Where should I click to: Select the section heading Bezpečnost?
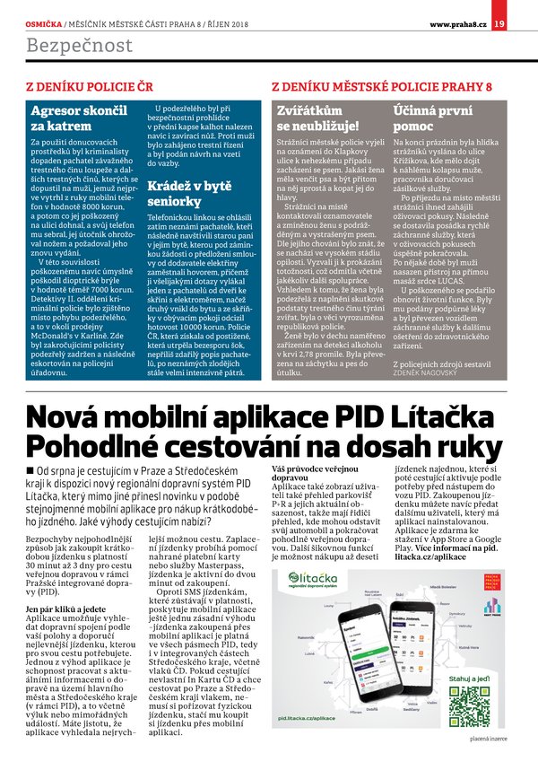(x=79, y=45)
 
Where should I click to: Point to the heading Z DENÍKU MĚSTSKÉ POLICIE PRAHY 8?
(x=381, y=86)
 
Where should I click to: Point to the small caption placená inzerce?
(x=490, y=738)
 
